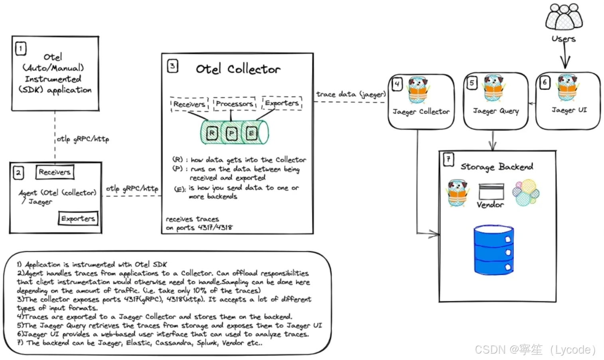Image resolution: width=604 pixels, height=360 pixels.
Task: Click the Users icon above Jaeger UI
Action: point(564,17)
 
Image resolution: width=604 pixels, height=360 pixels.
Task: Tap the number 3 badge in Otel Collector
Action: point(172,66)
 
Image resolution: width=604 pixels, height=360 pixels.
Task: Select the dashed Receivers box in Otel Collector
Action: point(189,104)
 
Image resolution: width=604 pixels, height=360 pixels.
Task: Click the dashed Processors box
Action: point(234,104)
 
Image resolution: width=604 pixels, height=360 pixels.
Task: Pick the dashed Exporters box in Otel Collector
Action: point(282,103)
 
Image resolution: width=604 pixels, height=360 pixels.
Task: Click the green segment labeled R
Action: point(212,133)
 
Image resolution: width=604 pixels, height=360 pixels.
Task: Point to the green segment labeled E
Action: point(251,133)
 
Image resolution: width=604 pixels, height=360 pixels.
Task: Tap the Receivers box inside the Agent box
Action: point(55,172)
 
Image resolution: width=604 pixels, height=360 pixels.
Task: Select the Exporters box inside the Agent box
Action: point(78,218)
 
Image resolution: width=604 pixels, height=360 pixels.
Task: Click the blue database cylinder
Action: point(493,249)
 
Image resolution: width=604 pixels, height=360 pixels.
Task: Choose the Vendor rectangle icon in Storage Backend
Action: point(491,192)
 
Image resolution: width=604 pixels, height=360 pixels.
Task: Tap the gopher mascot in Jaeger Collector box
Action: point(417,91)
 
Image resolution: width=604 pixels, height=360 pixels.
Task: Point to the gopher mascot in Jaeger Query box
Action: point(493,88)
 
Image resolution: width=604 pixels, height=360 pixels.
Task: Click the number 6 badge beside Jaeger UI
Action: point(545,83)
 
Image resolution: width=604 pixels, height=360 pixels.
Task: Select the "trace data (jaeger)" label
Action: point(351,94)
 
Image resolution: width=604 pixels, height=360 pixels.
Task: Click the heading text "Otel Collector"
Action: point(238,69)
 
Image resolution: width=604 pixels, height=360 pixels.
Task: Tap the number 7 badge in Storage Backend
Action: point(448,160)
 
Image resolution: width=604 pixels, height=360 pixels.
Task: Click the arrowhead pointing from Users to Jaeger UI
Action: point(565,63)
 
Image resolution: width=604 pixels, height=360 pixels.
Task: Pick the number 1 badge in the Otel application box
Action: point(21,49)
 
